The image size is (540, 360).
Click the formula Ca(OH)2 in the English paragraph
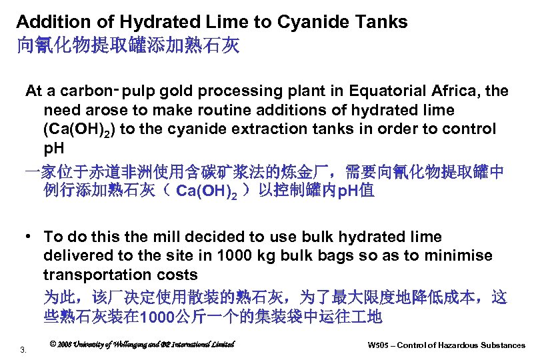pyautogui.click(x=75, y=129)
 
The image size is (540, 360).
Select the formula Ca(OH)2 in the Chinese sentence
pyautogui.click(x=201, y=192)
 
